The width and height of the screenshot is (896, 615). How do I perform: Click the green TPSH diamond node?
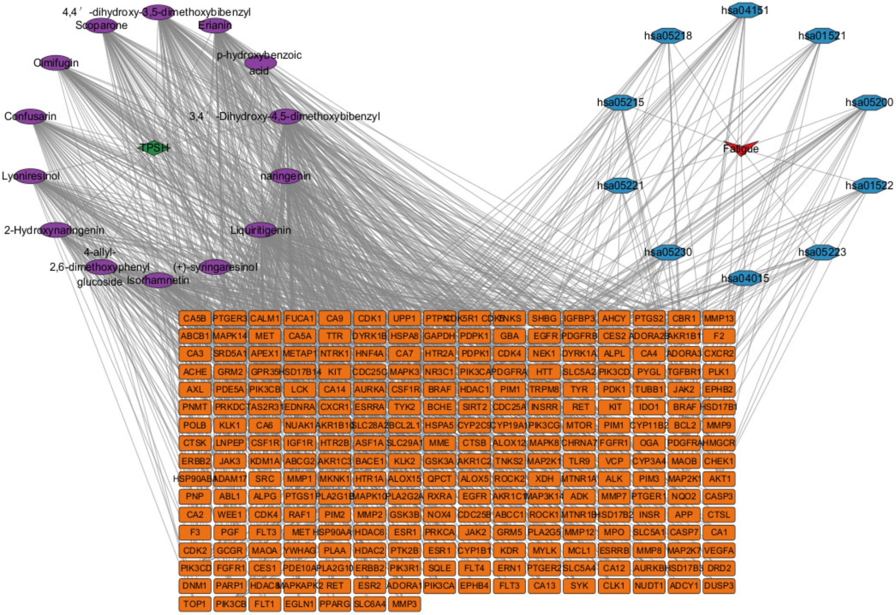coord(154,148)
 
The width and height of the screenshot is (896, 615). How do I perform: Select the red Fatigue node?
coord(741,148)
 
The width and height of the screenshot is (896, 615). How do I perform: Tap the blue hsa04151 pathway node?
coord(744,10)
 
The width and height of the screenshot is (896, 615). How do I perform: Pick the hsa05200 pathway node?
coord(869,102)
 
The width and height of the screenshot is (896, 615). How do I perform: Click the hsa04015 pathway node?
coord(744,278)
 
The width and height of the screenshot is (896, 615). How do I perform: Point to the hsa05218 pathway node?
coord(668,36)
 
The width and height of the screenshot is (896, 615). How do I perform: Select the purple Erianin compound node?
coord(215,25)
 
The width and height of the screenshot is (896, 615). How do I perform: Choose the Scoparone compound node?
coord(102,25)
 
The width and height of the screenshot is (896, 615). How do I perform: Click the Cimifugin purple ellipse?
coord(56,63)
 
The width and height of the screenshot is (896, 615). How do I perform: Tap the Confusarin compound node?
coord(31,116)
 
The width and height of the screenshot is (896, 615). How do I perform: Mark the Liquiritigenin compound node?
coord(261,230)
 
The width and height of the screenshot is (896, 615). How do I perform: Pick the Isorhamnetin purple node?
coord(158,280)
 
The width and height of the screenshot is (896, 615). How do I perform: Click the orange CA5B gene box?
coord(195,318)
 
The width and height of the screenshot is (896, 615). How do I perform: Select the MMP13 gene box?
coord(719,318)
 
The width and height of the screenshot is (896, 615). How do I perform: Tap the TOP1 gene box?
coord(195,604)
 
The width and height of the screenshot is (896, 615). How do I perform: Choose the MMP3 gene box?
coord(404,604)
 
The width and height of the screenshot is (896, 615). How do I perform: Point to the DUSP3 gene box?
coord(719,586)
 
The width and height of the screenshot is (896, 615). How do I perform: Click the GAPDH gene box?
coord(439,336)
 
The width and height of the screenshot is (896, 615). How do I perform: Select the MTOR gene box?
coord(579,425)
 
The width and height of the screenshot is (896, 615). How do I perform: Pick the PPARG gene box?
coord(335,604)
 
